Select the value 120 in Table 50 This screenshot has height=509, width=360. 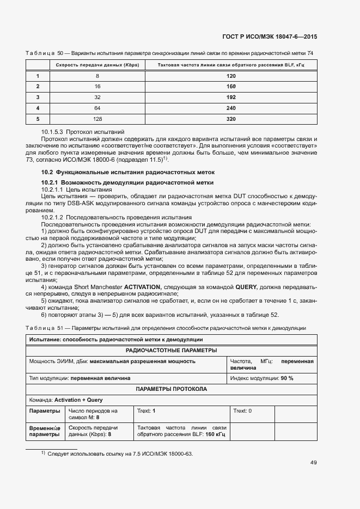[x=231, y=76]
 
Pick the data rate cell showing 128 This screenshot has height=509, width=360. [x=97, y=119]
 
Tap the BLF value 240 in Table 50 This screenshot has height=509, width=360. [x=231, y=108]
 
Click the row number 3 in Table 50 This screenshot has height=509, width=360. [x=38, y=97]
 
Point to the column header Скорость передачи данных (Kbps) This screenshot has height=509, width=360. [x=97, y=65]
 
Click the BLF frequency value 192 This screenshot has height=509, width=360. [x=231, y=97]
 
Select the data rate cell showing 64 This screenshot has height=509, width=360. [x=97, y=108]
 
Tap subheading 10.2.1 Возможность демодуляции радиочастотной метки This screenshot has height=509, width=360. [x=127, y=182]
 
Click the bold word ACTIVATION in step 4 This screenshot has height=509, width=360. [x=142, y=286]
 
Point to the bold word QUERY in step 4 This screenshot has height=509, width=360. [x=246, y=286]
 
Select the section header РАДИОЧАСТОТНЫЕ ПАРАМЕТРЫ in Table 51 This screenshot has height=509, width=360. [x=172, y=350]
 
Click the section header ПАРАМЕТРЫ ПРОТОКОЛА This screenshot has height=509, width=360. [x=172, y=389]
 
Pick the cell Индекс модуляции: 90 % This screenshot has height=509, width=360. [x=262, y=378]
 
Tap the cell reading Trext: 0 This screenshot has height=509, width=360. [x=242, y=410]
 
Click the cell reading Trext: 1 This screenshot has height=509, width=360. [x=147, y=410]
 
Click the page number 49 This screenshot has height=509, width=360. [x=313, y=463]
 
